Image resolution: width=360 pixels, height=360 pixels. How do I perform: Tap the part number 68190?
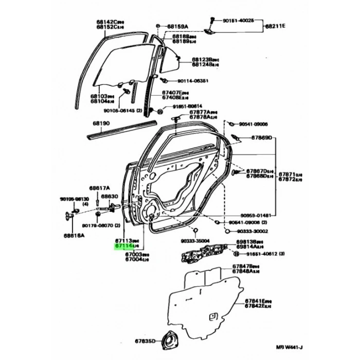102,124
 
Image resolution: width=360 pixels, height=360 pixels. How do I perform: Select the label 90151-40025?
238,21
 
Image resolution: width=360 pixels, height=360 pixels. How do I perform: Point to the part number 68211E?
275,25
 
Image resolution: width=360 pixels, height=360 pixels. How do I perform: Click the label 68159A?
178,25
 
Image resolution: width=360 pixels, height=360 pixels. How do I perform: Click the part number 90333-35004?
195,240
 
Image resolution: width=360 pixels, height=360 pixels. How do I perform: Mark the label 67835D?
145,341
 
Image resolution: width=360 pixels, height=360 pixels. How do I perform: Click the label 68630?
110,196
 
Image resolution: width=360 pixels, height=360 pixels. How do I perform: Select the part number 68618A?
75,235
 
